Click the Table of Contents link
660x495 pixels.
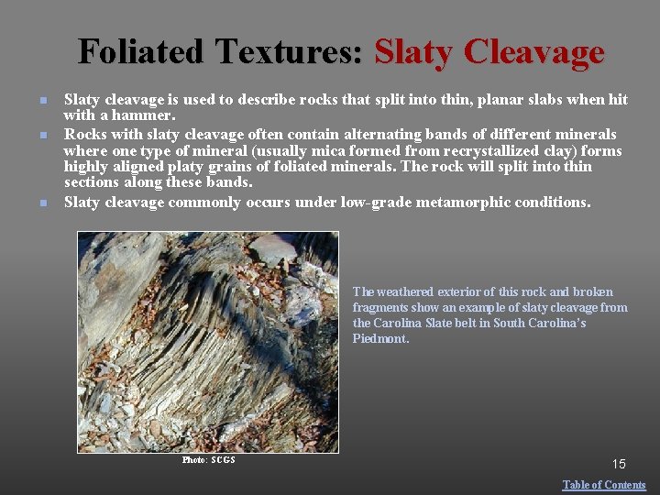(604, 485)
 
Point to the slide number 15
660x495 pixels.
(618, 465)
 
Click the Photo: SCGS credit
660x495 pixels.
(209, 460)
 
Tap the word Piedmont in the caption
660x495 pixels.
(380, 338)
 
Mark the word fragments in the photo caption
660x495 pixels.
(379, 307)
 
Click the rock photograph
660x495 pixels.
(208, 342)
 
